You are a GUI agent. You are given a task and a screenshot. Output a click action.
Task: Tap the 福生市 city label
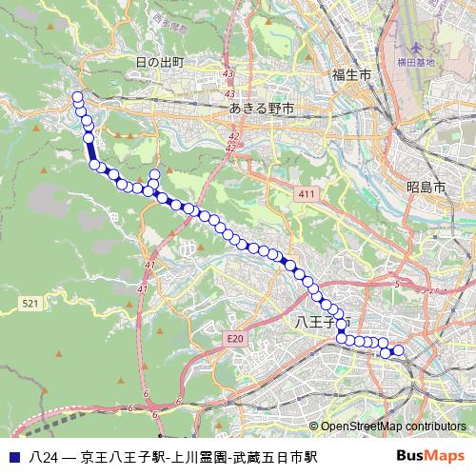click(x=350, y=74)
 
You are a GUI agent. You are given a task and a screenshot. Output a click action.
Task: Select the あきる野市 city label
click(x=265, y=109)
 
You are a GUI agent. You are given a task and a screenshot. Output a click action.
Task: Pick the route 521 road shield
click(x=30, y=303)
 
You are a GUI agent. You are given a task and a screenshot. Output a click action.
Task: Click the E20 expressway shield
click(x=236, y=338)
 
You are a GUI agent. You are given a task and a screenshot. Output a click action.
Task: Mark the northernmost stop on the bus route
click(x=77, y=96)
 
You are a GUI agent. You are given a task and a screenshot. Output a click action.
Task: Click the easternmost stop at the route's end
click(x=399, y=351)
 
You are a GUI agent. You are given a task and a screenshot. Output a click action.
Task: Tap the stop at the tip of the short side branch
click(x=154, y=173)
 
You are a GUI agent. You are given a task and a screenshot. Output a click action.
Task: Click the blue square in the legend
click(x=13, y=457)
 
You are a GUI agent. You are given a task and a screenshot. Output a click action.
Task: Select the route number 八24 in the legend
click(x=44, y=457)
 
